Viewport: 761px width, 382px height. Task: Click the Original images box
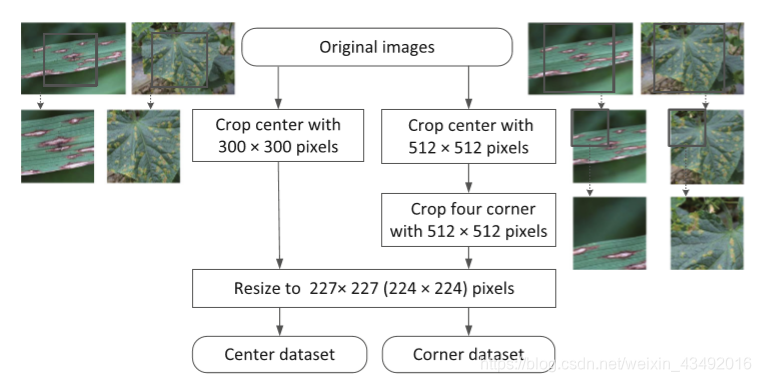377,47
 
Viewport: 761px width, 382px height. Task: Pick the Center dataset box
279,353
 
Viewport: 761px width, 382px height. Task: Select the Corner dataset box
468,353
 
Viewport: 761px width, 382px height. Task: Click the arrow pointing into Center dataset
279,322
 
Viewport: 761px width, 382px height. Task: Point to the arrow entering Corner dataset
468,322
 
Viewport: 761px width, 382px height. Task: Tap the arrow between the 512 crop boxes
468,178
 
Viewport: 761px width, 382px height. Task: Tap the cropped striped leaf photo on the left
57,146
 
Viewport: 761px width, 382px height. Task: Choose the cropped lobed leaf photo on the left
143,146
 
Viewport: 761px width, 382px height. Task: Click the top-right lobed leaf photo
691,58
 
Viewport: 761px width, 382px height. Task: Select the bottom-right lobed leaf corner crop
707,232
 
